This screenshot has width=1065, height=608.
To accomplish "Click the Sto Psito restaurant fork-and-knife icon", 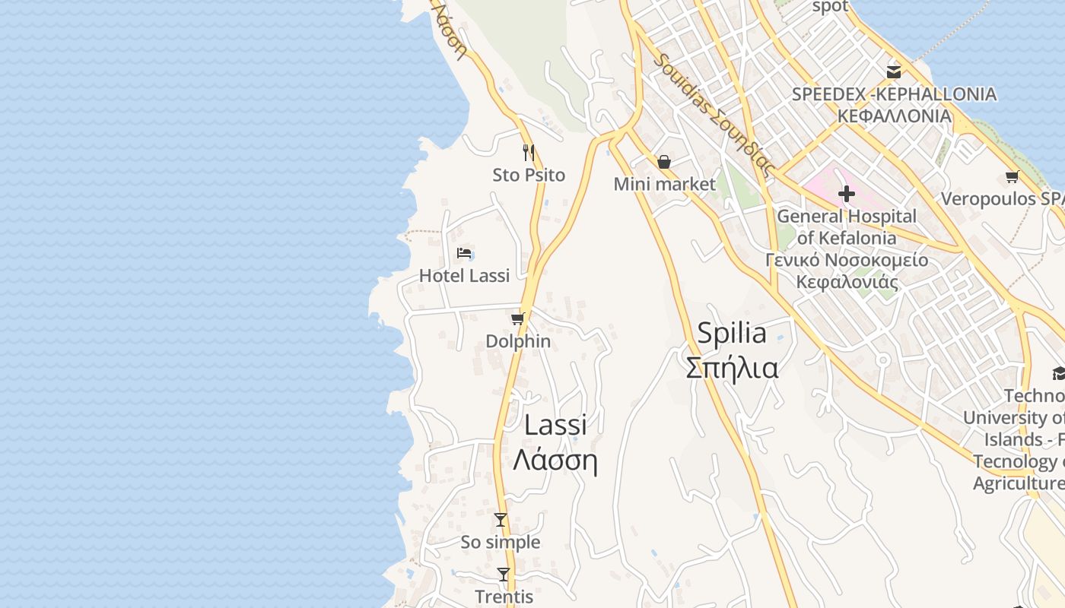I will point(529,152).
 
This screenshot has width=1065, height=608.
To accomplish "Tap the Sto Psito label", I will point(529,175).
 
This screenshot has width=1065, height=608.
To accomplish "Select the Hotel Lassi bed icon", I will point(464,253).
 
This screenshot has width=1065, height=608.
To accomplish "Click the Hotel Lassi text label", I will point(464,275).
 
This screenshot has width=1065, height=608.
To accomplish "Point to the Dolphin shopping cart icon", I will point(518,318).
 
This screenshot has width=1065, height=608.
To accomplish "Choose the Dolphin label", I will point(518,341).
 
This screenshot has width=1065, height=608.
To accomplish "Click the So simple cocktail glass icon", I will point(501,520).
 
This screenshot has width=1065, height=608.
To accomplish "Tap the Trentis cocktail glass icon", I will point(504,575).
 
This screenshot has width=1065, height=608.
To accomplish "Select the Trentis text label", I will point(504,597).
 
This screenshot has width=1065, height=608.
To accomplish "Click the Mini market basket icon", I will point(664,162).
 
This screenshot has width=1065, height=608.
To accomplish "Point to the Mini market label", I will point(664,184).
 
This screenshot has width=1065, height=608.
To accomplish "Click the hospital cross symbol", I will point(846,195).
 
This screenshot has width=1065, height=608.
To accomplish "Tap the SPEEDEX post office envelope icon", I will point(894,72).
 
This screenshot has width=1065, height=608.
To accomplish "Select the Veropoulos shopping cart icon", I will point(1012,177).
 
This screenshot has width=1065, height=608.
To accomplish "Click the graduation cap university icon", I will point(1058,373).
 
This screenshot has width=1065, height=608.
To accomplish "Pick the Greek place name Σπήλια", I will point(732,368).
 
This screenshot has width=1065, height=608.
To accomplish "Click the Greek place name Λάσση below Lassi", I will point(555,461).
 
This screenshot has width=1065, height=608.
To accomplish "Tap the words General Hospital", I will point(847,216).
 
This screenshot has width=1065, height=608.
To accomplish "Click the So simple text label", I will point(501,542).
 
